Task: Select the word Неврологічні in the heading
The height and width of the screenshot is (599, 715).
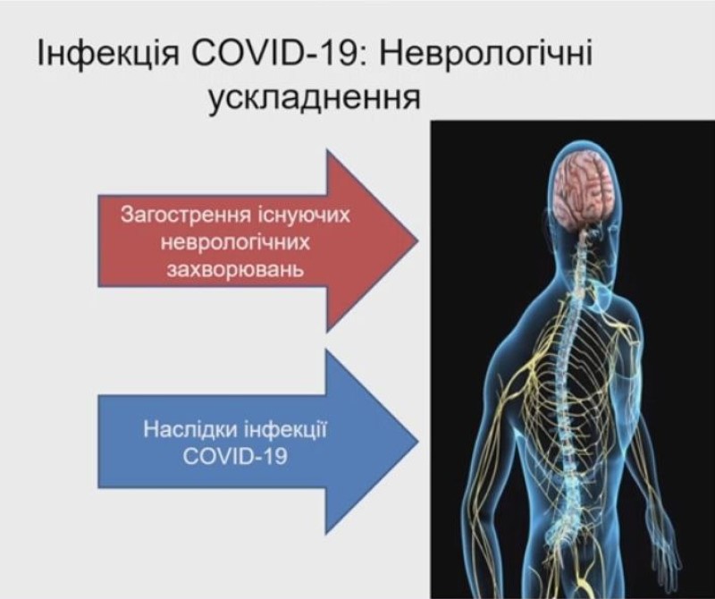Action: pos(484,55)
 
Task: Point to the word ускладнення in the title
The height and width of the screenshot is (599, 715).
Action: pos(315,98)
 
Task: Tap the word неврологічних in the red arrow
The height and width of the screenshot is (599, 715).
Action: pos(235,242)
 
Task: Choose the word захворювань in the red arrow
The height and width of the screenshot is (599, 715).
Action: pos(235,270)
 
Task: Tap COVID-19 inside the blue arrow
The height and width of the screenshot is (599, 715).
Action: pos(235,456)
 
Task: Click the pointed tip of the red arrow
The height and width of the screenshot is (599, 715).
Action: pos(417,240)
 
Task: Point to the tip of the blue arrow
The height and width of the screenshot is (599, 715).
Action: pos(417,441)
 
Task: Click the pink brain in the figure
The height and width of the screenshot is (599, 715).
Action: pos(584,189)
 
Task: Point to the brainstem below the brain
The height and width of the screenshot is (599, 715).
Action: pos(583,237)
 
